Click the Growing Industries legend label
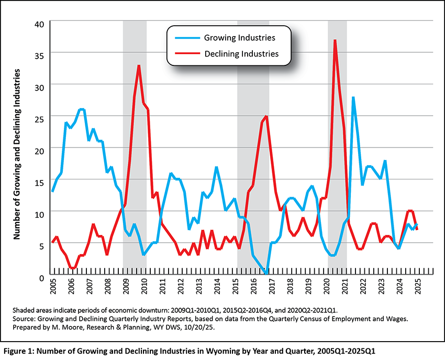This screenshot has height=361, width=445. pyautogui.click(x=240, y=38)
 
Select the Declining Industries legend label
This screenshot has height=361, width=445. pyautogui.click(x=241, y=53)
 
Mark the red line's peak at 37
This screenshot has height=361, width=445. pyautogui.click(x=335, y=40)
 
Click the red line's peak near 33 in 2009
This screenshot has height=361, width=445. pyautogui.click(x=139, y=66)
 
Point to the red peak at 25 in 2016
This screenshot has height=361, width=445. pyautogui.click(x=266, y=116)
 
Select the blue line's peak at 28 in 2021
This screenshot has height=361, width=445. pyautogui.click(x=353, y=97)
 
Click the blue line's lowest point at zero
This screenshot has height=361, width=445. pyautogui.click(x=266, y=273)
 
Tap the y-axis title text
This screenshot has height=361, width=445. pyautogui.click(x=17, y=154)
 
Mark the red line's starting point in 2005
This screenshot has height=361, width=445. pyautogui.click(x=52, y=243)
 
